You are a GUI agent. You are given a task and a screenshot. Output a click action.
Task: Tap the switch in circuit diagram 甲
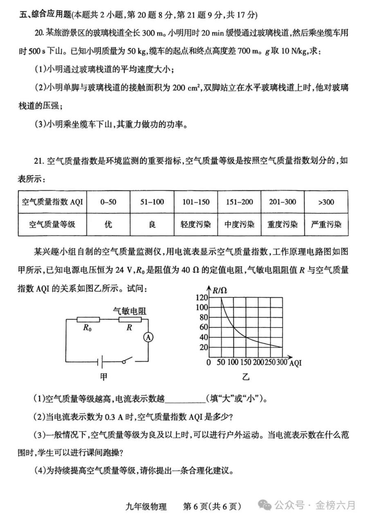[x=126, y=360]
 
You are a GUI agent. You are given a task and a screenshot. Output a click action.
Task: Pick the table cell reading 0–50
[x=108, y=202]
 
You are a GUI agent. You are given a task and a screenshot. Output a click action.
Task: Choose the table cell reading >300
[x=325, y=202]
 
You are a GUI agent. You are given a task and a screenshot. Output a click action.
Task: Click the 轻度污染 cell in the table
[x=195, y=224]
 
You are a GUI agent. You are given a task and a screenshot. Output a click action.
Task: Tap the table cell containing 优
[x=108, y=224]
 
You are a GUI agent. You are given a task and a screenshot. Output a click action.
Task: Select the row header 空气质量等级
[x=52, y=224]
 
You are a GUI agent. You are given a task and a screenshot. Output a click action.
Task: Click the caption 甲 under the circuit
[x=104, y=377]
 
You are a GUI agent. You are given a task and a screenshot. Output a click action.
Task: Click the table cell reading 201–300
[x=282, y=202]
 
